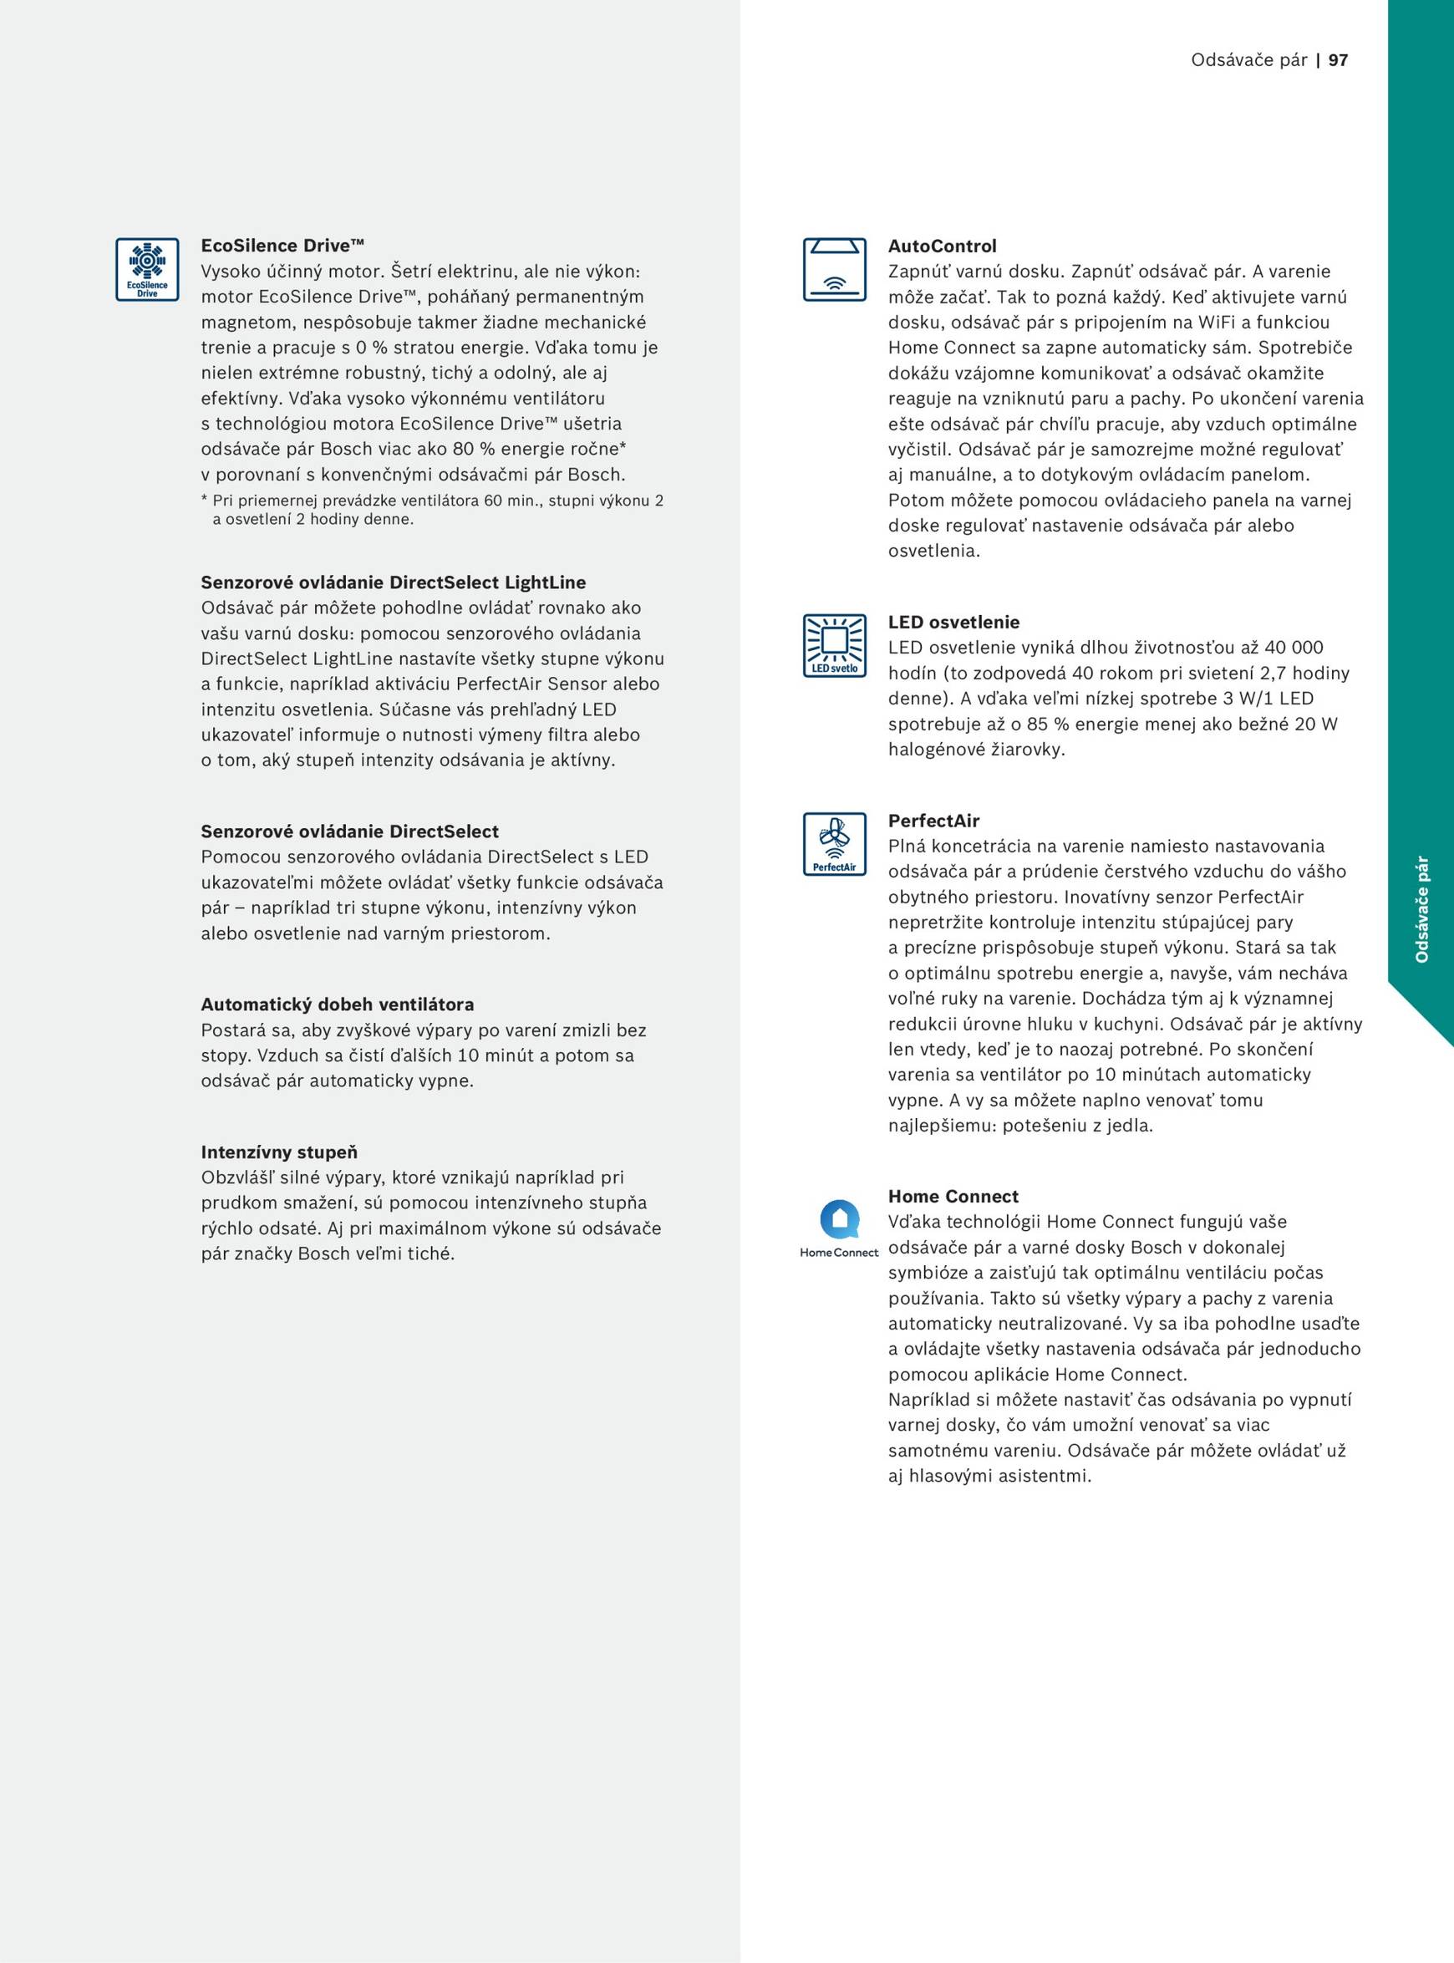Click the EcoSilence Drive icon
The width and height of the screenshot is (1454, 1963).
click(x=147, y=269)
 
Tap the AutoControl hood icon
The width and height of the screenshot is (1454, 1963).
click(x=834, y=269)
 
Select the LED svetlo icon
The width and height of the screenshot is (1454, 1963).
click(x=834, y=645)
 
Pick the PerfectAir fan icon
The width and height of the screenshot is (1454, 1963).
click(x=834, y=844)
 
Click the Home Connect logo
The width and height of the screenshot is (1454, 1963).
click(x=839, y=1228)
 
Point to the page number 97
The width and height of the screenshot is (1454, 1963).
click(x=1338, y=60)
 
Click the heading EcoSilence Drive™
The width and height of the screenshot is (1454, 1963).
click(x=282, y=246)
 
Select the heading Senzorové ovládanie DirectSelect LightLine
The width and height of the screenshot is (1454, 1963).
click(x=394, y=582)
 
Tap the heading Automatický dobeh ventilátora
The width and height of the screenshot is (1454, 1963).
click(x=337, y=1004)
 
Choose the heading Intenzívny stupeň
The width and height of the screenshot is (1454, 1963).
click(x=279, y=1152)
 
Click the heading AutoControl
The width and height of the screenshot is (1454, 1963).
click(x=942, y=247)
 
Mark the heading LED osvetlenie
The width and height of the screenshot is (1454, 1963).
click(x=953, y=623)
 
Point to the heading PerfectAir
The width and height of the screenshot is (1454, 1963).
click(x=933, y=821)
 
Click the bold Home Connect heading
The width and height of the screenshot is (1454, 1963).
click(x=953, y=1197)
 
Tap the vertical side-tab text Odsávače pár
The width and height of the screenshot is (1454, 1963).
click(x=1421, y=909)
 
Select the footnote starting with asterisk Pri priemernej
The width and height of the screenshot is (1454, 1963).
click(x=432, y=510)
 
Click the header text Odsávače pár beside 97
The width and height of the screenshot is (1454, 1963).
click(x=1248, y=60)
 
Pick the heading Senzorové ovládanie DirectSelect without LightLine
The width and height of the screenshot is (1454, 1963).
click(x=349, y=831)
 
